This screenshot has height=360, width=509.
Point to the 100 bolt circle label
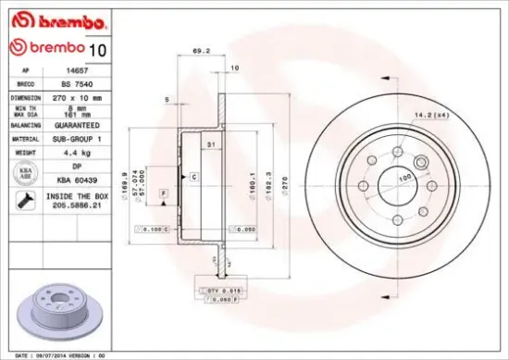403,177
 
